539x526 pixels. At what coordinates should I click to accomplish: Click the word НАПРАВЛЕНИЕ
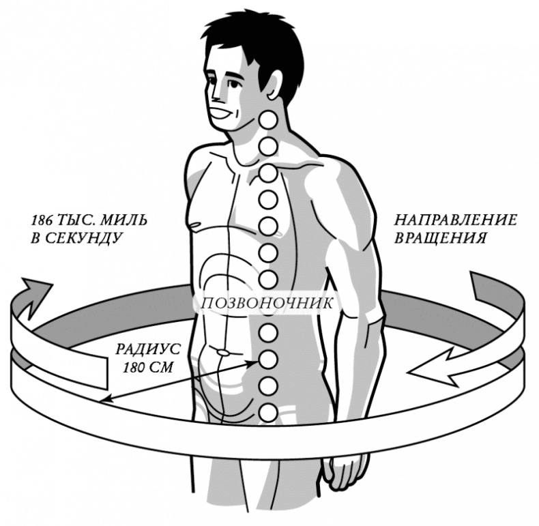(455, 220)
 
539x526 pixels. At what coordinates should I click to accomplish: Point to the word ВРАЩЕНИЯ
(441, 238)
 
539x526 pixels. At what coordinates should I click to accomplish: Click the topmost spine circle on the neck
(269, 121)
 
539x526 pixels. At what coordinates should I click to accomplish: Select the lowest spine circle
(269, 412)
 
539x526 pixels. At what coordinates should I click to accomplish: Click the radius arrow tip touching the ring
(103, 400)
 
